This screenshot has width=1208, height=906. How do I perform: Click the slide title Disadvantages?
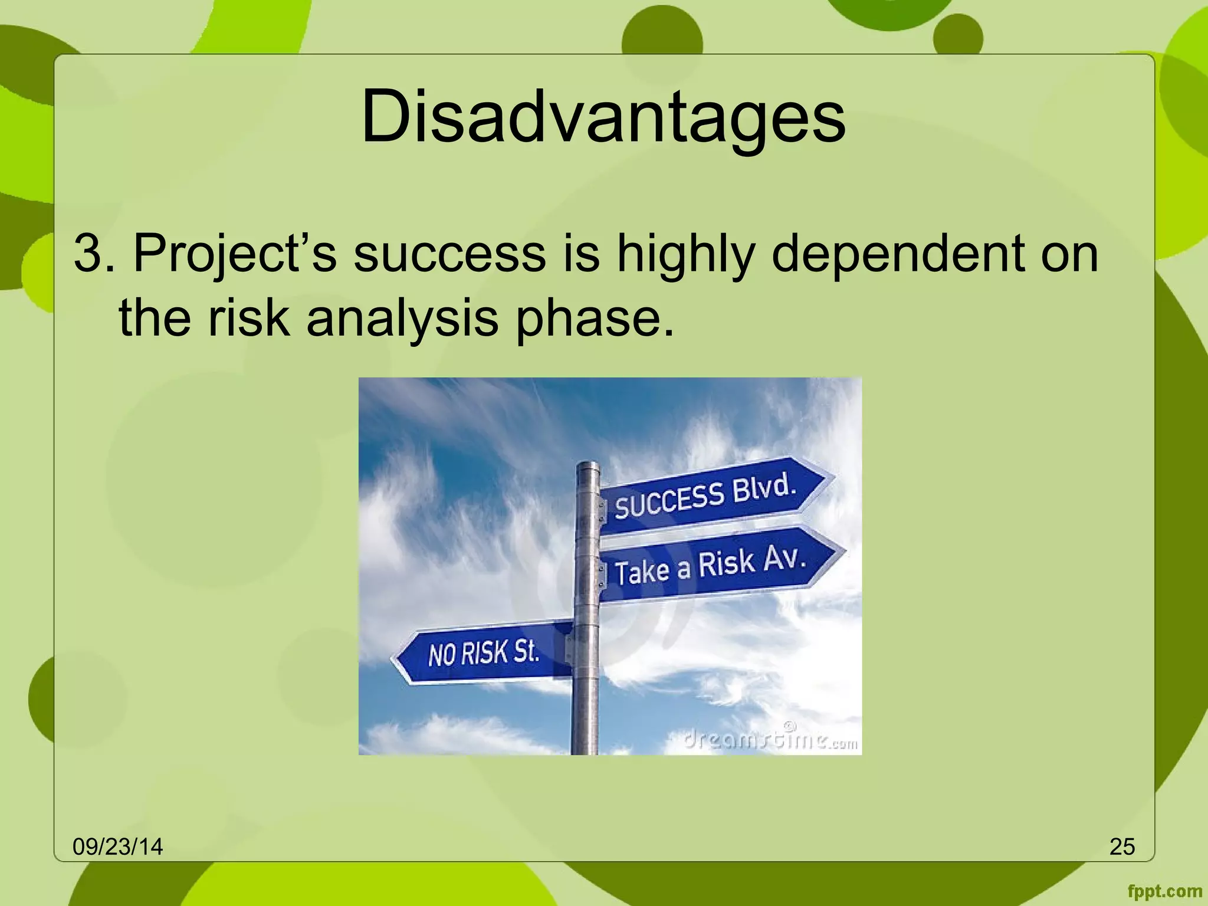[x=603, y=117]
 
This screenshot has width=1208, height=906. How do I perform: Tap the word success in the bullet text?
[x=449, y=254]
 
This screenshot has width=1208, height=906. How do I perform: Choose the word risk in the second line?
[x=248, y=319]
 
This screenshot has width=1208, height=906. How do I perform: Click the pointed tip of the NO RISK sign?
[x=394, y=659]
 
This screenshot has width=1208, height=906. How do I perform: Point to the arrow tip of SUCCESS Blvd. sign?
[x=832, y=475]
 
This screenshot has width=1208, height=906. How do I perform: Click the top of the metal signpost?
[x=587, y=466]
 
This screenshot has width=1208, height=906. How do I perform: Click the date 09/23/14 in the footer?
[x=117, y=847]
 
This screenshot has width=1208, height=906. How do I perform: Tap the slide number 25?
[x=1122, y=847]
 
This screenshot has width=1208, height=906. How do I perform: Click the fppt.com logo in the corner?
[x=1164, y=891]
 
